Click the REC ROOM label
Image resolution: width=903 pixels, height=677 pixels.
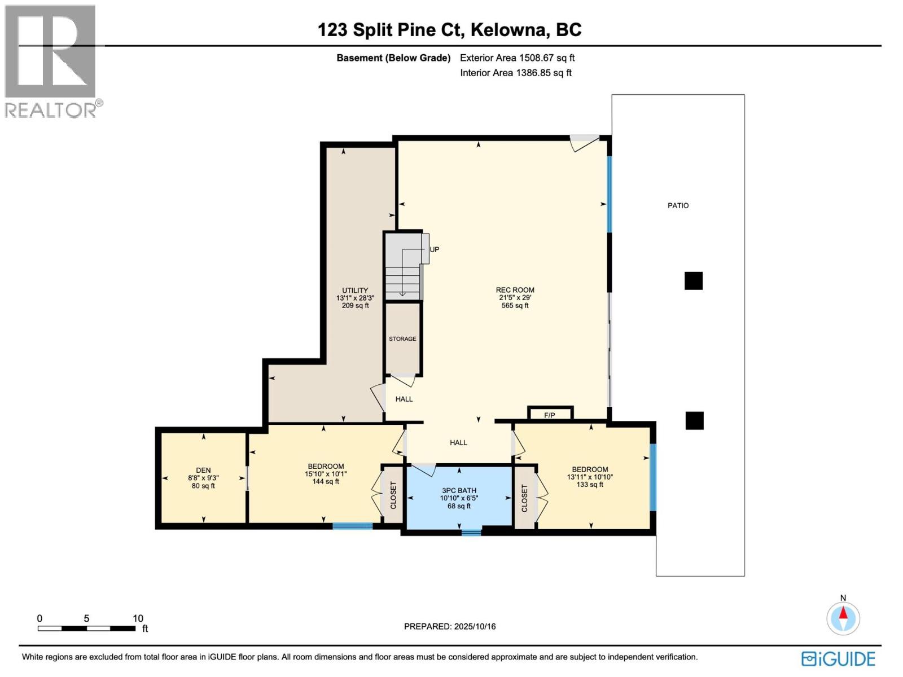[x=515, y=290]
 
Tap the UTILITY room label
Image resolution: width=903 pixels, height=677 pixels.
[x=355, y=291]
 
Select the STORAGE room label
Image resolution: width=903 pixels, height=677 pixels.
[x=402, y=339]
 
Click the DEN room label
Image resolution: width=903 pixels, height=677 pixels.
[x=203, y=470]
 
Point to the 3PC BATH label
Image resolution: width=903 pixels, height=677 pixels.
[x=459, y=491]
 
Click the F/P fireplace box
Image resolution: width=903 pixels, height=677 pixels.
[x=550, y=415]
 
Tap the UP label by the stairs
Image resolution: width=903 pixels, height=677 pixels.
[x=435, y=249]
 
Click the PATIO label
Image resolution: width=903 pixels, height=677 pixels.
[x=678, y=206]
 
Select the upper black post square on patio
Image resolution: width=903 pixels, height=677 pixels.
[x=694, y=281]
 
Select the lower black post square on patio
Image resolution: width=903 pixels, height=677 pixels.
[x=694, y=421]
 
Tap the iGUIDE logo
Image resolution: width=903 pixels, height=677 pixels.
[x=838, y=659]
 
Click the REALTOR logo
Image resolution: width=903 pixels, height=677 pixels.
[x=52, y=61]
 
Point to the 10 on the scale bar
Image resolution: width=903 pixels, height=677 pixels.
[x=138, y=618]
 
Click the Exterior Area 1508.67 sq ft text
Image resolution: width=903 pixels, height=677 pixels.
[x=517, y=58]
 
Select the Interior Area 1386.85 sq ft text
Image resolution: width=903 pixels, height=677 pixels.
[x=515, y=73]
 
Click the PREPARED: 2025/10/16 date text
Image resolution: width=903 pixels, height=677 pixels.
[x=450, y=626]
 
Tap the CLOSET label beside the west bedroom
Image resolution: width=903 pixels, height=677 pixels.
[x=393, y=495]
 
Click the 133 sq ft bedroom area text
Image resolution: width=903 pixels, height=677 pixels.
[x=590, y=485]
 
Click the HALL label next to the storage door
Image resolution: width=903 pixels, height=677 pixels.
[x=404, y=399]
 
